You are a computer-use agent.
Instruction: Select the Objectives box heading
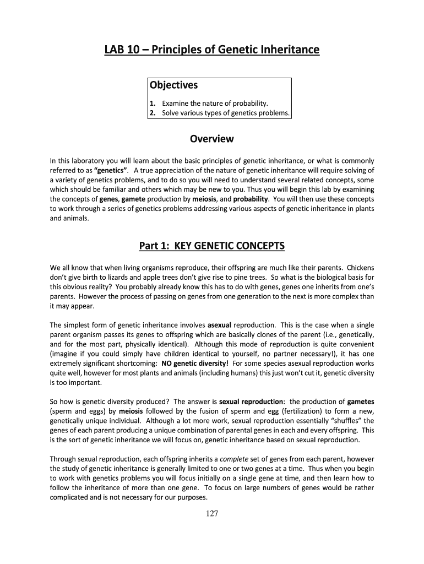point(173,85)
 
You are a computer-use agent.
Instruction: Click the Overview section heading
point(212,139)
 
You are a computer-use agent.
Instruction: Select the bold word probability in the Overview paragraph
point(251,198)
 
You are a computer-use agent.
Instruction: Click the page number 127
point(212,514)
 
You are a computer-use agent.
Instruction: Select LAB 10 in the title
point(118,50)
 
